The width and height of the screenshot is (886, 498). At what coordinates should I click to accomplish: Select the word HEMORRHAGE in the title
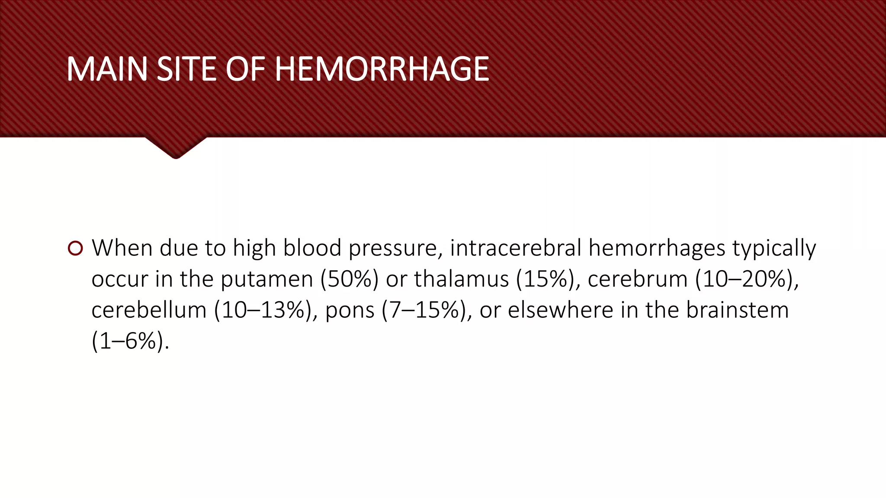(x=382, y=69)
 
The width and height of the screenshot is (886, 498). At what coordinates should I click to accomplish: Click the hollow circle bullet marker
(x=75, y=249)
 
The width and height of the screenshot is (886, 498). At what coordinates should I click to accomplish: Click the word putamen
(x=266, y=279)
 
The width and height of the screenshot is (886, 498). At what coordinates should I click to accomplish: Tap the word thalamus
(x=461, y=279)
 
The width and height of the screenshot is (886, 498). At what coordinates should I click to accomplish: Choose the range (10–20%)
(x=747, y=279)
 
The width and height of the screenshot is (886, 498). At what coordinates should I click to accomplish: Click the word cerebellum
(x=149, y=310)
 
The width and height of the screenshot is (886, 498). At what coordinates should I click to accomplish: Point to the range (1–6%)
(x=130, y=342)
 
